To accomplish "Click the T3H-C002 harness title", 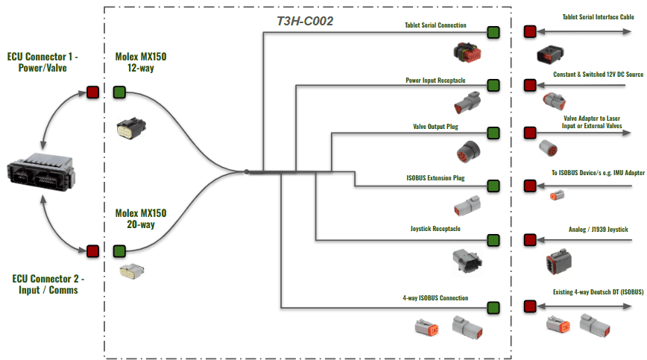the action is point(305,21).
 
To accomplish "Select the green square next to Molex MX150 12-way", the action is point(119,92).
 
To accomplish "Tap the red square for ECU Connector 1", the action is point(93,92).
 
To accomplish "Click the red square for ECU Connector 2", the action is point(93,250).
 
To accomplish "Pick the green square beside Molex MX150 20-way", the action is point(119,250).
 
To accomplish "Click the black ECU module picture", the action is point(41,172).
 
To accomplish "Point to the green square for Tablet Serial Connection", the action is point(493,32).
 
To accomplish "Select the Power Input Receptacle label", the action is point(435,80).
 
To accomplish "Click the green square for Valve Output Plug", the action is point(493,133).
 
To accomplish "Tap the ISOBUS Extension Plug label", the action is point(435,178).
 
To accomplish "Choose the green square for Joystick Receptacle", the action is point(493,240).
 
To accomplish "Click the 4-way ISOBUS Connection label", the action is point(435,297).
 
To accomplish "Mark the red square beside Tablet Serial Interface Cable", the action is point(530,31).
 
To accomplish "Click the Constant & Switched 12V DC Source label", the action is point(598,75).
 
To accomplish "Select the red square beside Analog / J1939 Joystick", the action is point(530,239).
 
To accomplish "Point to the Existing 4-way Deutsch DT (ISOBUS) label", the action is point(598,292).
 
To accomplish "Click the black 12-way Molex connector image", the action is point(131,128).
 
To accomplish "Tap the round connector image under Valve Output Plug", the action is point(468,152).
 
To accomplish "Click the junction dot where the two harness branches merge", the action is point(246,171).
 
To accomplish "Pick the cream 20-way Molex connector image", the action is point(132,271).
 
